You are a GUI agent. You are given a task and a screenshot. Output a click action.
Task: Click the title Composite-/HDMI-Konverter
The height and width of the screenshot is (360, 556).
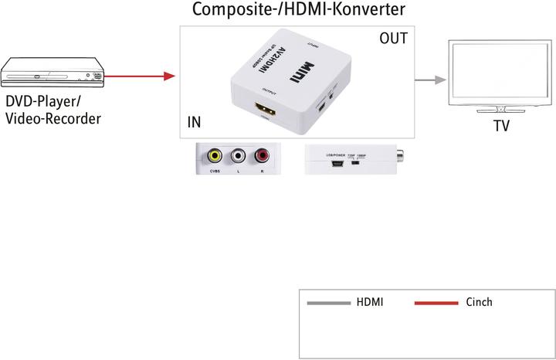click(298, 10)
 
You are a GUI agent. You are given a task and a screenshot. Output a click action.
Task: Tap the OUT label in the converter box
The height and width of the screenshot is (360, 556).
click(393, 38)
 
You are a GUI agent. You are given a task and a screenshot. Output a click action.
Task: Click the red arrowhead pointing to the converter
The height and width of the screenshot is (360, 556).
click(171, 76)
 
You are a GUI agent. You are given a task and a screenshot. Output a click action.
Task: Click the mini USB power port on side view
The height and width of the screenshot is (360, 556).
click(337, 163)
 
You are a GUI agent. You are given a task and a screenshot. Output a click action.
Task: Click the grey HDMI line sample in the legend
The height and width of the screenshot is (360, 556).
click(329, 303)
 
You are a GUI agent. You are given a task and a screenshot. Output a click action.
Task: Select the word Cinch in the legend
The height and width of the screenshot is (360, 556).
click(479, 302)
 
